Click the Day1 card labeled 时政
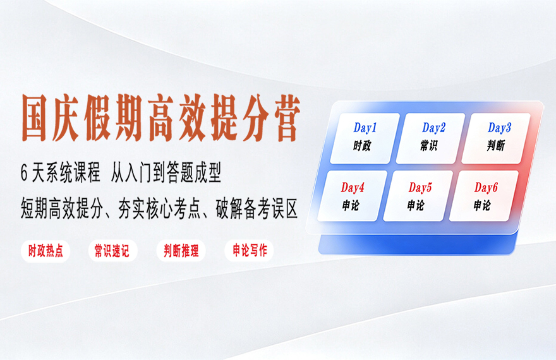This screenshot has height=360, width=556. [x=365, y=138]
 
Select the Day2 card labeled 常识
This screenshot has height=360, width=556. [x=430, y=138]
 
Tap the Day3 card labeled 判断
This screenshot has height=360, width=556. [x=496, y=138]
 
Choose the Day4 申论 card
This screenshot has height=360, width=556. [x=353, y=196]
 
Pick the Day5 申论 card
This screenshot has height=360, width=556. [x=418, y=196]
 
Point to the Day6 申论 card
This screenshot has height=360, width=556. [x=484, y=196]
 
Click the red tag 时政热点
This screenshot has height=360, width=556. [x=45, y=251]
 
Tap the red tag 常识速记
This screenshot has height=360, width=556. [x=112, y=251]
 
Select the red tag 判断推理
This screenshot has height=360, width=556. [x=181, y=251]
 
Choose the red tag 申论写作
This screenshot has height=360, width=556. [x=250, y=251]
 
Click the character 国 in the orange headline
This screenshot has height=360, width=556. [x=35, y=118]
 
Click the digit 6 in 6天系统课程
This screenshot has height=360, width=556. [x=24, y=174]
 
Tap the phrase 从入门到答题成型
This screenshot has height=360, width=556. [x=166, y=173]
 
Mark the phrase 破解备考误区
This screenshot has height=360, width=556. [x=257, y=208]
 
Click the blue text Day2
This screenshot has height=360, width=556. [x=433, y=128]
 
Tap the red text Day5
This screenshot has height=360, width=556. [x=420, y=188]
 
